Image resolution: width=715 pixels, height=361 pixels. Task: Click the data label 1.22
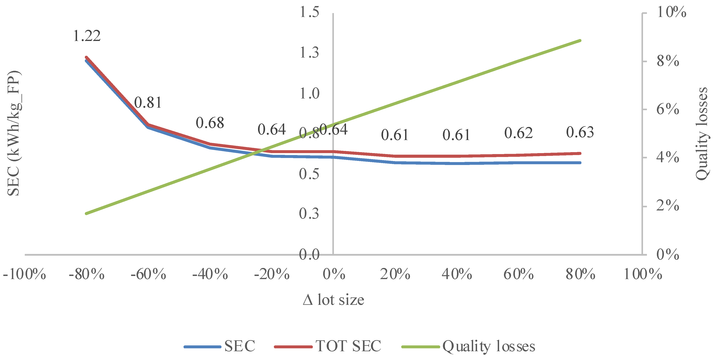click(x=87, y=36)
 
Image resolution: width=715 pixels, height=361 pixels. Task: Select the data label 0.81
click(x=148, y=103)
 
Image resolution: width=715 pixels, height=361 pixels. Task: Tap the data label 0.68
click(x=210, y=123)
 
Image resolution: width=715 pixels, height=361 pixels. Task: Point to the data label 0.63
click(x=580, y=132)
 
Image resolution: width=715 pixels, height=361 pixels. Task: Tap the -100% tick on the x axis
click(x=24, y=274)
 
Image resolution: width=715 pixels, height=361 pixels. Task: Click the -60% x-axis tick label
click(x=148, y=274)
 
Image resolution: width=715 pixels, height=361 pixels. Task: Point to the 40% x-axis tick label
click(x=457, y=274)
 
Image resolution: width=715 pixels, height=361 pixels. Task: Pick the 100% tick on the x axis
click(x=643, y=274)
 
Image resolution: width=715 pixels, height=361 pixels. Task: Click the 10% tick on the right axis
click(x=671, y=12)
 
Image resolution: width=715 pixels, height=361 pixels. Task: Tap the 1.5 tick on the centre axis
click(x=309, y=12)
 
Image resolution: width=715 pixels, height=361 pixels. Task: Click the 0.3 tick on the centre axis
click(x=309, y=214)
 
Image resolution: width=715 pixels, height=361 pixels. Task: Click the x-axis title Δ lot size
click(x=333, y=300)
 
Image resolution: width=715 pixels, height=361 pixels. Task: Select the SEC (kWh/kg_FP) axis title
click(x=13, y=133)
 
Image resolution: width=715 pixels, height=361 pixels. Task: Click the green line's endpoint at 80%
click(x=580, y=41)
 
